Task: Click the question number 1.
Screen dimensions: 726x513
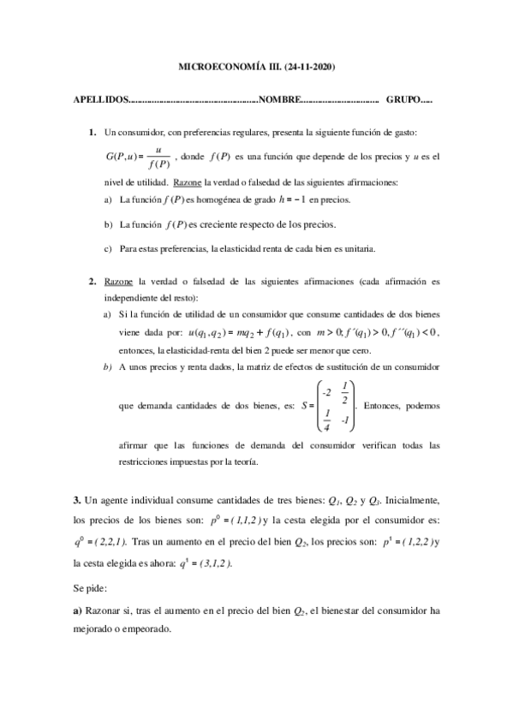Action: (92, 133)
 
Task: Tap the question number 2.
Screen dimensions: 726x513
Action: (92, 281)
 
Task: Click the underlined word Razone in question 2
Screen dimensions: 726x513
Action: (117, 281)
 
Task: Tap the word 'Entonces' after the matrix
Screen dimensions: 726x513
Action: (381, 406)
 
